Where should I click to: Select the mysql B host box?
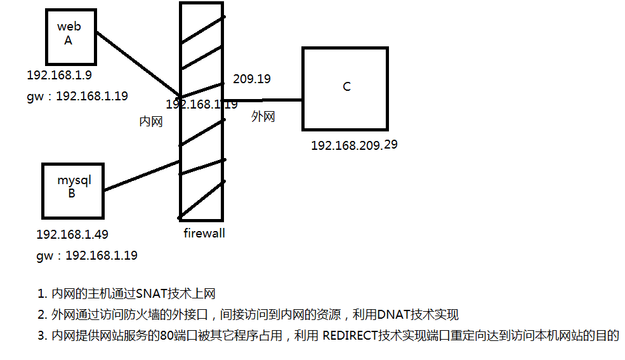pos(72,190)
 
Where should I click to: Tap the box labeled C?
pos(345,88)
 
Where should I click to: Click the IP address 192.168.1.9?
pos(59,75)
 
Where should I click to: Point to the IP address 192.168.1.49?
pos(72,234)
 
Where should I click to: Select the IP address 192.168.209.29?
pos(354,145)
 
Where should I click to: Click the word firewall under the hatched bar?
pos(204,233)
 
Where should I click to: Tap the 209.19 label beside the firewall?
pos(251,79)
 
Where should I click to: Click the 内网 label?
pos(151,121)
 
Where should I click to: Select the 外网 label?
pos(263,116)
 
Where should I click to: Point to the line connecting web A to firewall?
pos(138,64)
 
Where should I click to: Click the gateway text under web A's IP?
pos(77,96)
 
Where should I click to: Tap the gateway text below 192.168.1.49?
pos(87,255)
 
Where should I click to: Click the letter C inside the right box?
pos(346,86)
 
